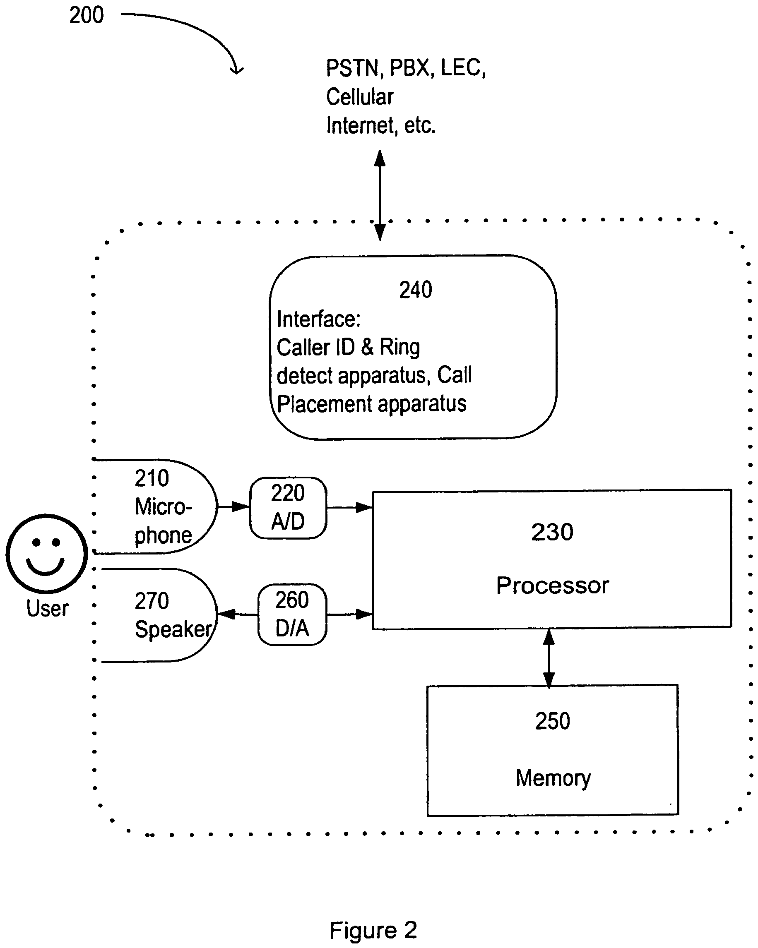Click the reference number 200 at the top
pos(86,15)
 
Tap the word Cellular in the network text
pos(359,97)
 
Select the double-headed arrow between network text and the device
pos(380,195)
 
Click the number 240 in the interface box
pos(415,290)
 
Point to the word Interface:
pos(318,319)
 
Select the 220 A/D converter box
pos(288,507)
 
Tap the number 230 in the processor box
pos(552,532)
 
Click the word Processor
pos(553,585)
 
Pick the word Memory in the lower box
pos(553,778)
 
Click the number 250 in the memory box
pos(553,721)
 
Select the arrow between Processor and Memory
pos(549,658)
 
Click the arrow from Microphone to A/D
pos(233,506)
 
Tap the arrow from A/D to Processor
pos(349,507)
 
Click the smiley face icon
pos(47,553)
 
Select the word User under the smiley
pos(47,609)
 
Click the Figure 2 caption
pos(373,930)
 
